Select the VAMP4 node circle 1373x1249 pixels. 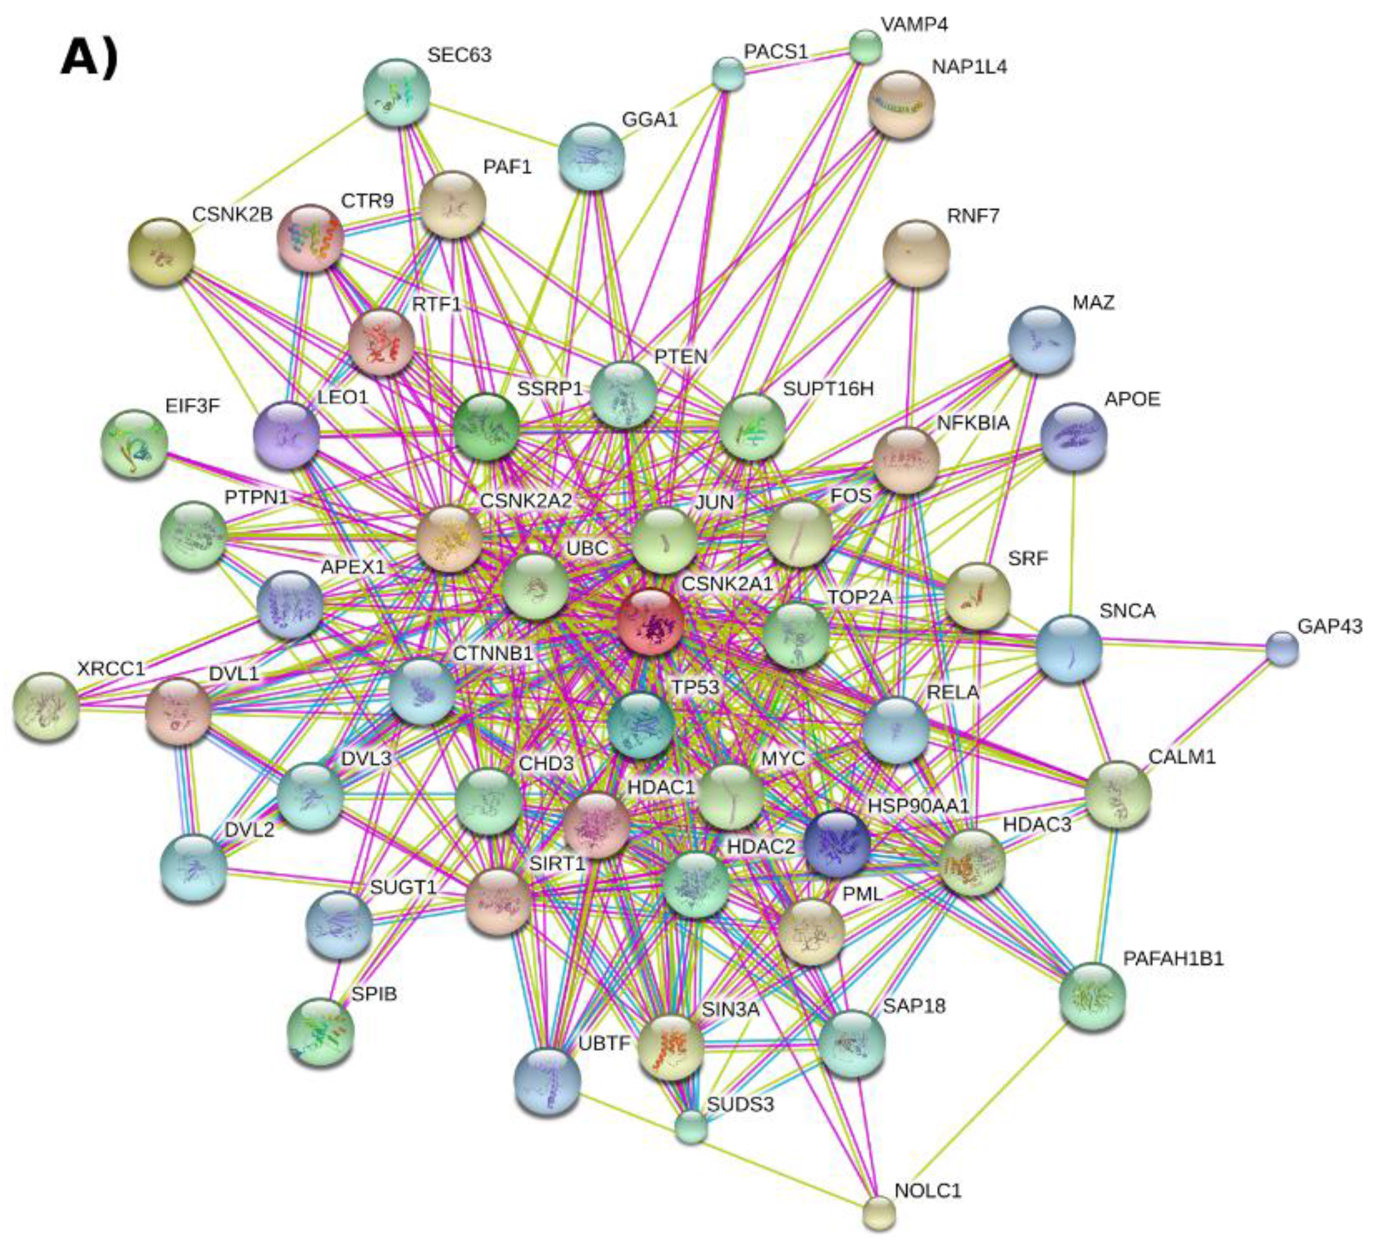865,47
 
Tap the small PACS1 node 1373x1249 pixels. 728,74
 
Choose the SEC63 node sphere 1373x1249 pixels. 397,93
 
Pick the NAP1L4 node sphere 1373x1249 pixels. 901,104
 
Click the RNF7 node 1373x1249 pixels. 916,253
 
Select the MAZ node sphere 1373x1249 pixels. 1041,339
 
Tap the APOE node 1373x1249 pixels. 1074,437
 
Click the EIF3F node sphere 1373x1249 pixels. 134,443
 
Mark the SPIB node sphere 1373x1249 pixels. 321,1031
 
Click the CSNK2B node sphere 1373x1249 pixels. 161,251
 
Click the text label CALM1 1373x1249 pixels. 1182,757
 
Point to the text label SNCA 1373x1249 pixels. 1127,611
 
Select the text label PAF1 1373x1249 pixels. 508,167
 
